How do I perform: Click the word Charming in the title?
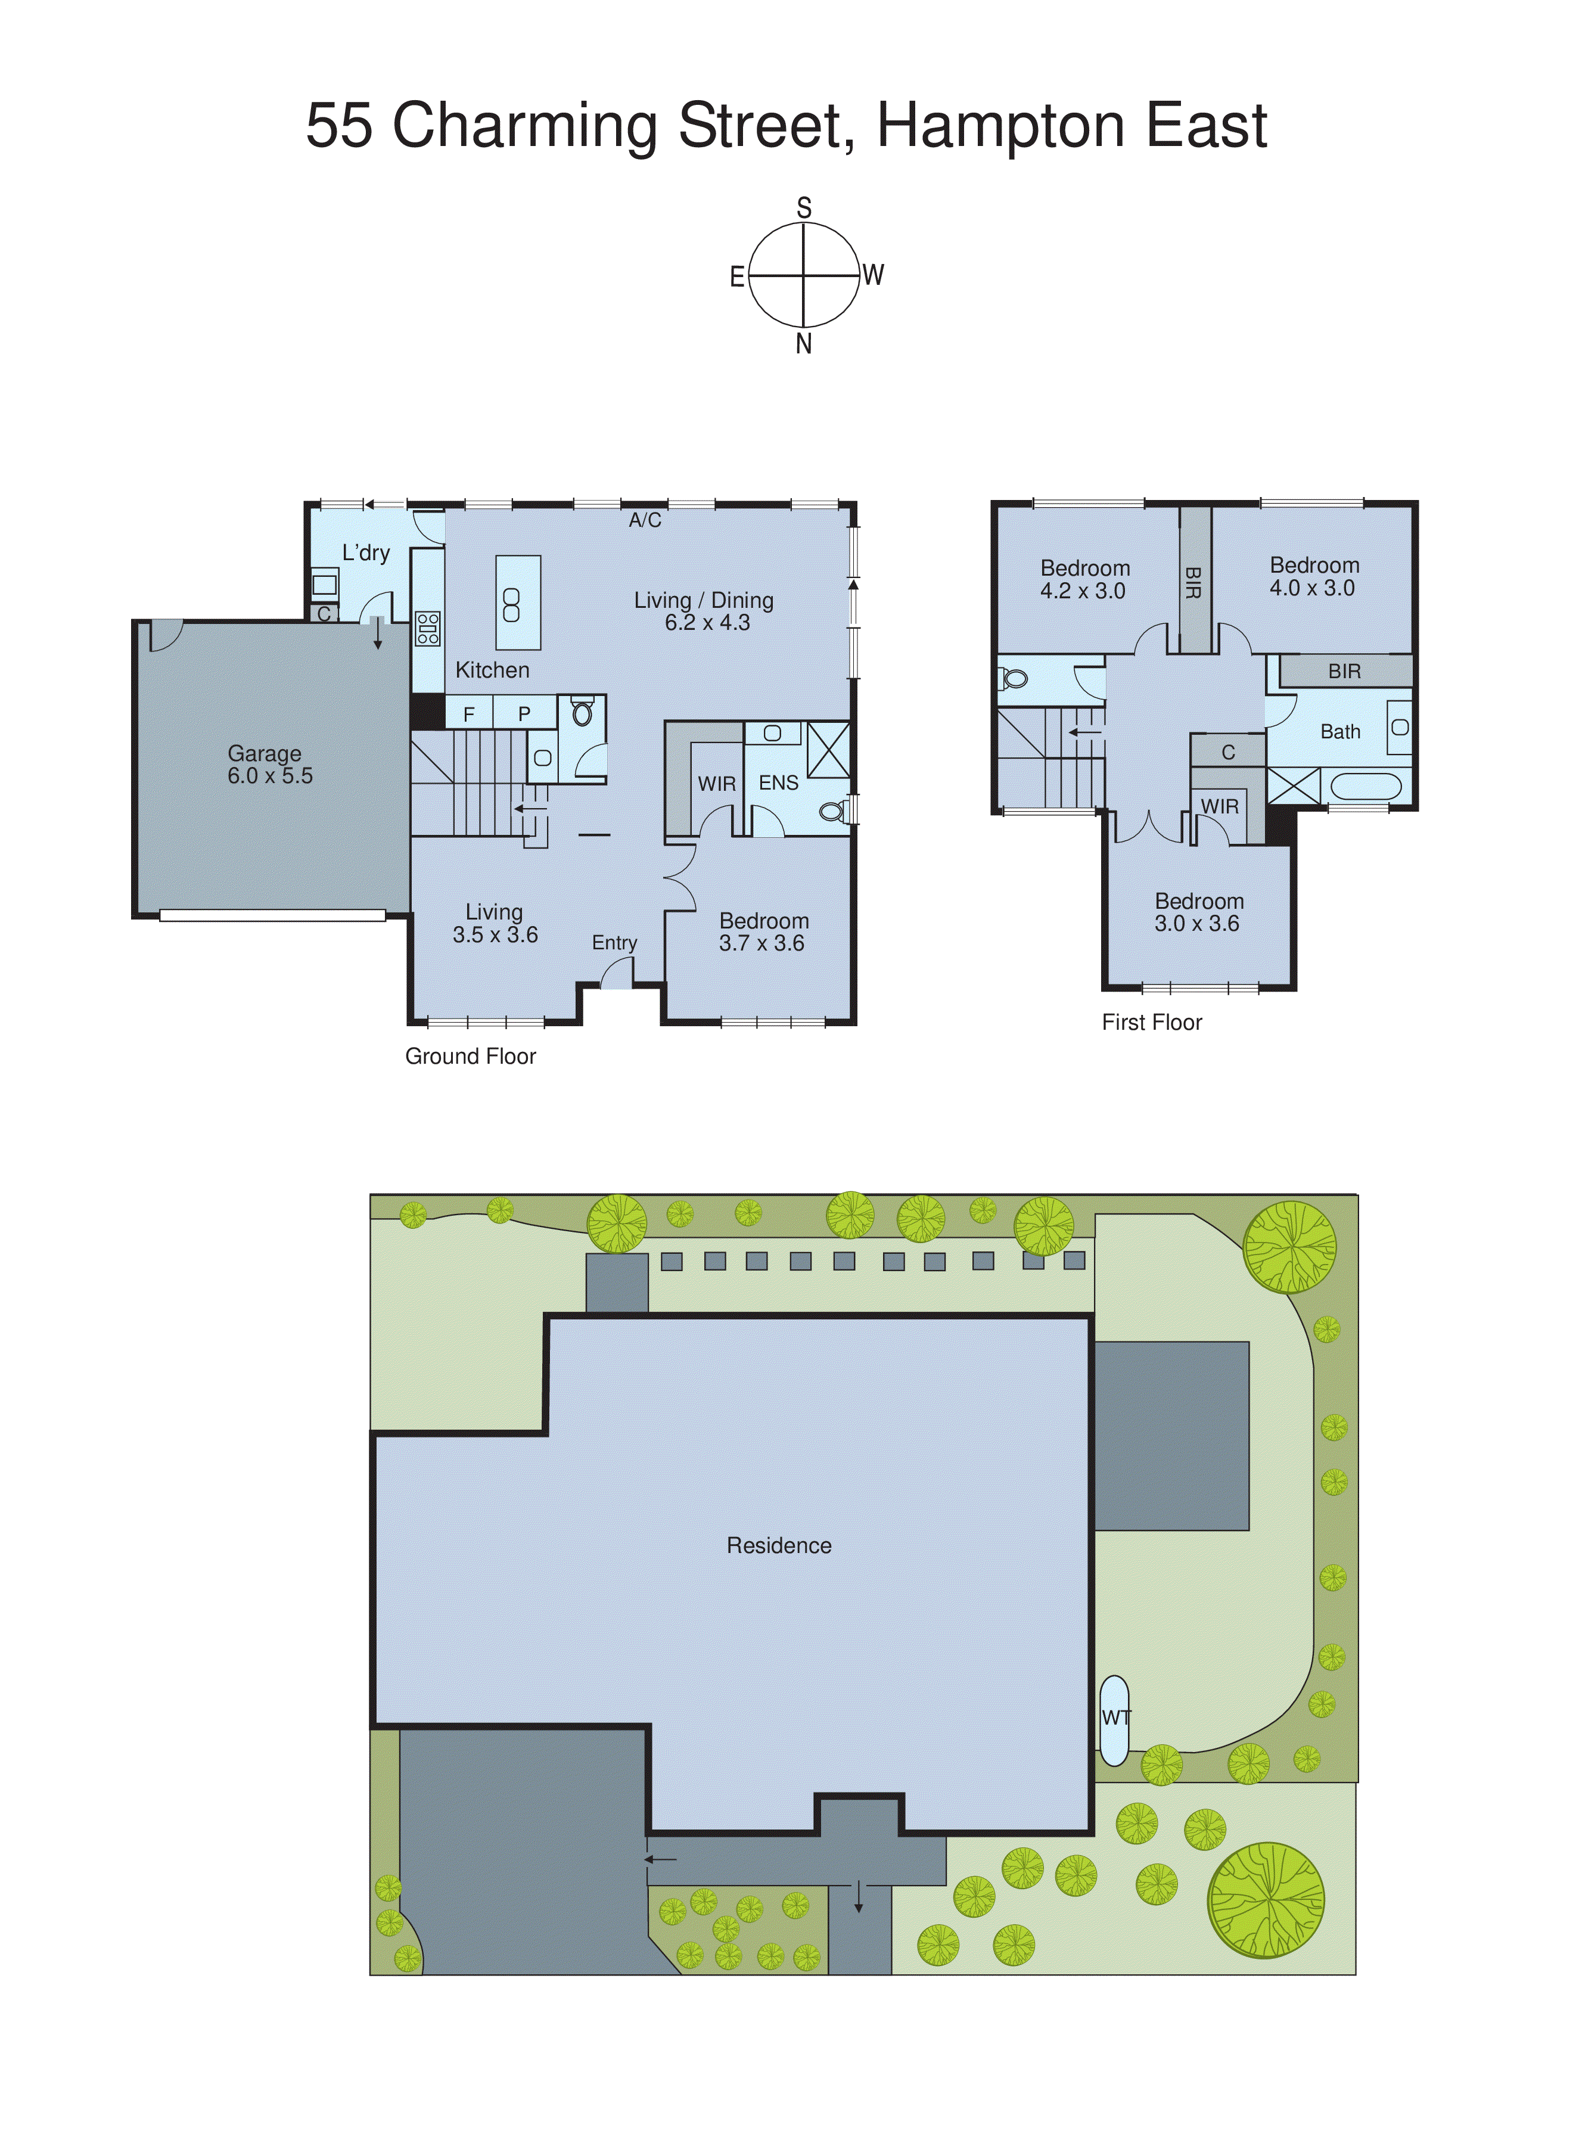524,127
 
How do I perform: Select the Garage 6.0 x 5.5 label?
269,765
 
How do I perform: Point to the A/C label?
645,520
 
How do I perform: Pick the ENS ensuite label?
778,783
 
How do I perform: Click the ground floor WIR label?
717,784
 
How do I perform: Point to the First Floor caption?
1152,1023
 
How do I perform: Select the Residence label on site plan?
779,1546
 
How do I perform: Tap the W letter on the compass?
873,275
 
